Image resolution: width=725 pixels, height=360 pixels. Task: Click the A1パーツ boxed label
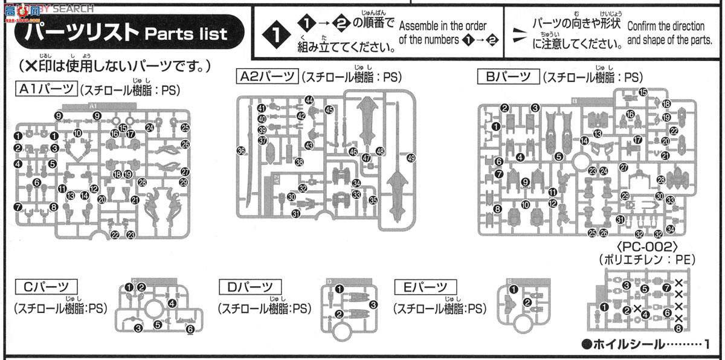tap(47, 89)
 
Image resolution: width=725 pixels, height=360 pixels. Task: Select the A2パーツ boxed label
tap(266, 76)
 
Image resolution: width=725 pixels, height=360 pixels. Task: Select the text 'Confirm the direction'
tap(666, 27)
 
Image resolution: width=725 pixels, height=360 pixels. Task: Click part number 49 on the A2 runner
tap(411, 158)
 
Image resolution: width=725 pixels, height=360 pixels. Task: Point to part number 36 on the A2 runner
tap(241, 150)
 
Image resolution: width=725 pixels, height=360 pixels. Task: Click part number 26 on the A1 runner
tap(185, 144)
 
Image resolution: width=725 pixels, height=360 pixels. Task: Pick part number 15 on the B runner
tap(643, 92)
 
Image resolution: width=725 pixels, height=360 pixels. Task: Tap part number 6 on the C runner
tap(190, 329)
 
